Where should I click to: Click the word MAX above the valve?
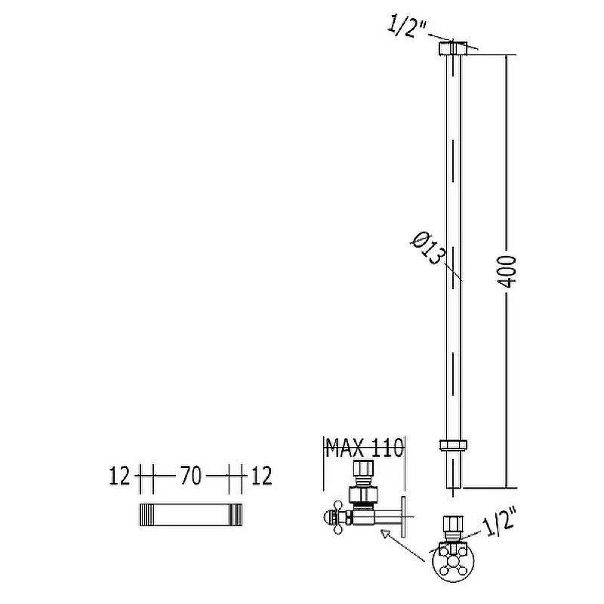pyautogui.click(x=344, y=448)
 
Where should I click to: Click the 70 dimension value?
pyautogui.click(x=191, y=476)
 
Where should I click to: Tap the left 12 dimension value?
pyautogui.click(x=120, y=476)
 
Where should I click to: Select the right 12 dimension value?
pyautogui.click(x=262, y=476)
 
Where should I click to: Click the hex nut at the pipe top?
pyautogui.click(x=453, y=48)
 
